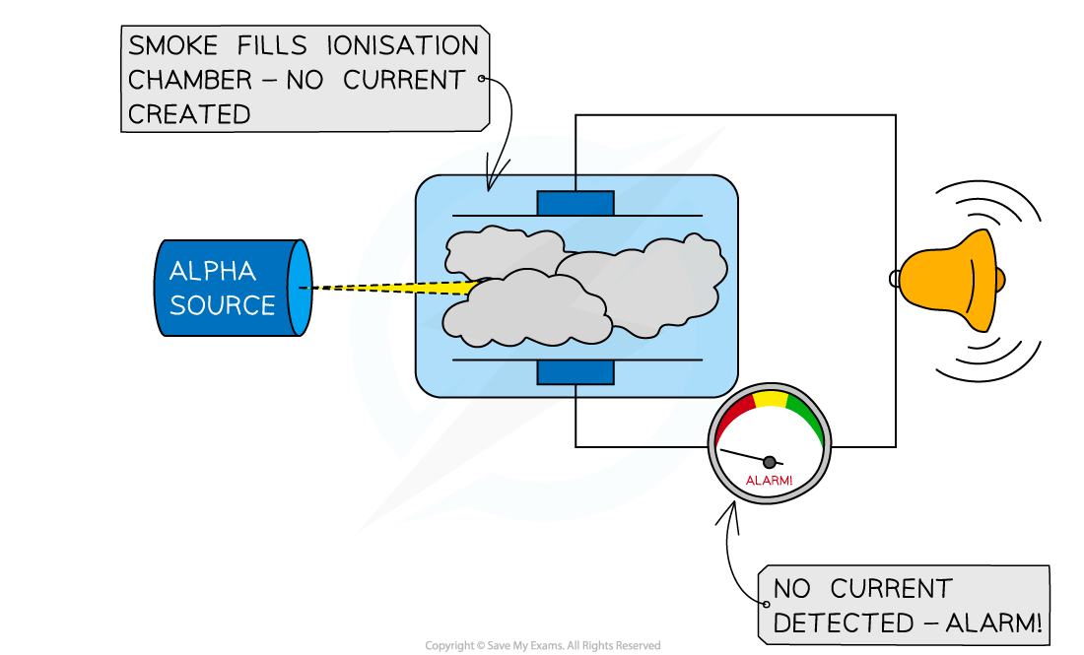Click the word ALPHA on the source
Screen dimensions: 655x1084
pyautogui.click(x=212, y=271)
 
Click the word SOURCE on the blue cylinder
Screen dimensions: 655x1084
pyautogui.click(x=222, y=304)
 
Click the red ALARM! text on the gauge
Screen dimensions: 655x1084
pyautogui.click(x=769, y=481)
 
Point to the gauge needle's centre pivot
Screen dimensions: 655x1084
pyautogui.click(x=770, y=461)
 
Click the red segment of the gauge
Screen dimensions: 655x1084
pyautogui.click(x=735, y=415)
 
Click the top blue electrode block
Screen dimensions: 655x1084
pyautogui.click(x=576, y=203)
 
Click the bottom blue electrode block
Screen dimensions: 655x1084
pyautogui.click(x=576, y=372)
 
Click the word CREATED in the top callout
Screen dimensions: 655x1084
pyautogui.click(x=189, y=114)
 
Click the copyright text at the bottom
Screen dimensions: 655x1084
pyautogui.click(x=542, y=646)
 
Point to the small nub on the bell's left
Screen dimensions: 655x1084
pyautogui.click(x=895, y=279)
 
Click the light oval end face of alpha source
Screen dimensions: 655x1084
pyautogui.click(x=300, y=287)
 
